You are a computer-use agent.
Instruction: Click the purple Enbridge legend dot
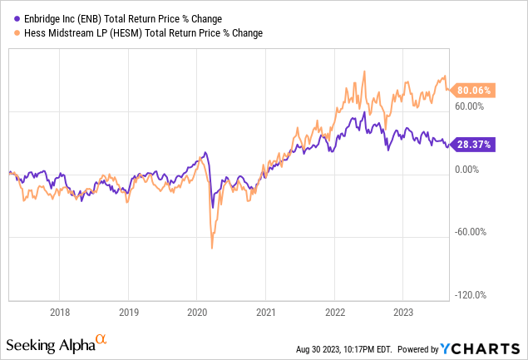9,17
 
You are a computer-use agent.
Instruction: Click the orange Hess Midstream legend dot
9,33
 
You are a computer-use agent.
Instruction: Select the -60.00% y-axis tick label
471,232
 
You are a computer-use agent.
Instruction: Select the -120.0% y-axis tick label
471,295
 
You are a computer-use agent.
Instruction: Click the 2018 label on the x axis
58,314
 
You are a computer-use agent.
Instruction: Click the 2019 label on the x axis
127,314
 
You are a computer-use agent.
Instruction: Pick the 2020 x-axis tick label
196,314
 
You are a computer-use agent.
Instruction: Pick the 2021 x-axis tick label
265,314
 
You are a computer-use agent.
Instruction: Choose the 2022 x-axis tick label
334,314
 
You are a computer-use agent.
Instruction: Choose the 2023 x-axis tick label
402,314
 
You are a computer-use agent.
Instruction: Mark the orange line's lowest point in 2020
212,248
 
